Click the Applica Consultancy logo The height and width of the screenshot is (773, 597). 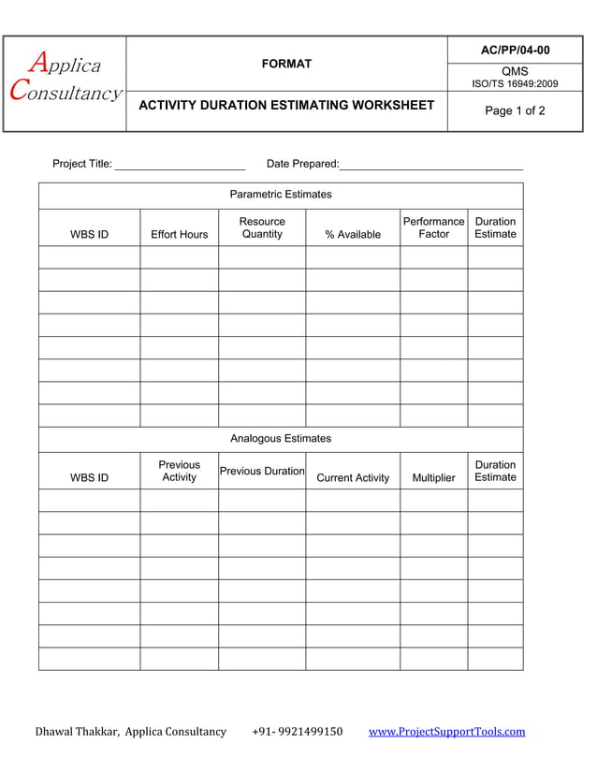click(x=65, y=79)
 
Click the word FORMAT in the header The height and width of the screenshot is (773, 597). click(x=286, y=64)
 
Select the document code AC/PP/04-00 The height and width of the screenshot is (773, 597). click(x=516, y=50)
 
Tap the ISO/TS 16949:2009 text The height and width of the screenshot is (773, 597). click(x=515, y=84)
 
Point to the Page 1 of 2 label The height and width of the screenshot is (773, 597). click(x=515, y=110)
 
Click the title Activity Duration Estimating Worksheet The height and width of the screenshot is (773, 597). click(x=286, y=105)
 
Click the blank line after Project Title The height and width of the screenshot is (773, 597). click(x=179, y=165)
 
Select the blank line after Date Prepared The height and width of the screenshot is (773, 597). click(x=430, y=165)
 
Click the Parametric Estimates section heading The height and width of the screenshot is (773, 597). click(x=281, y=195)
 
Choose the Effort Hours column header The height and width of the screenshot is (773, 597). click(x=180, y=234)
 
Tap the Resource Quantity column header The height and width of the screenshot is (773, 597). click(x=262, y=227)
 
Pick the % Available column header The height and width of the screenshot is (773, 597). click(x=353, y=234)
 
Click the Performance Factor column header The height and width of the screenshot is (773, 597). click(x=433, y=227)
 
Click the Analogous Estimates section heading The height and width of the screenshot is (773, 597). click(x=281, y=438)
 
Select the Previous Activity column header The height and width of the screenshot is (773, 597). click(x=180, y=471)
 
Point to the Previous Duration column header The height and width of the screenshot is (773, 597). click(x=262, y=471)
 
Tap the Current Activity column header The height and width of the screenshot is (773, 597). click(x=353, y=477)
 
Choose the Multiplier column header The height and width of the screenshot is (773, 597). click(x=433, y=477)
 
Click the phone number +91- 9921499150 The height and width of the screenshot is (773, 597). click(x=298, y=732)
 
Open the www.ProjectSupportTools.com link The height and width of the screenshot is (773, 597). click(x=447, y=732)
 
